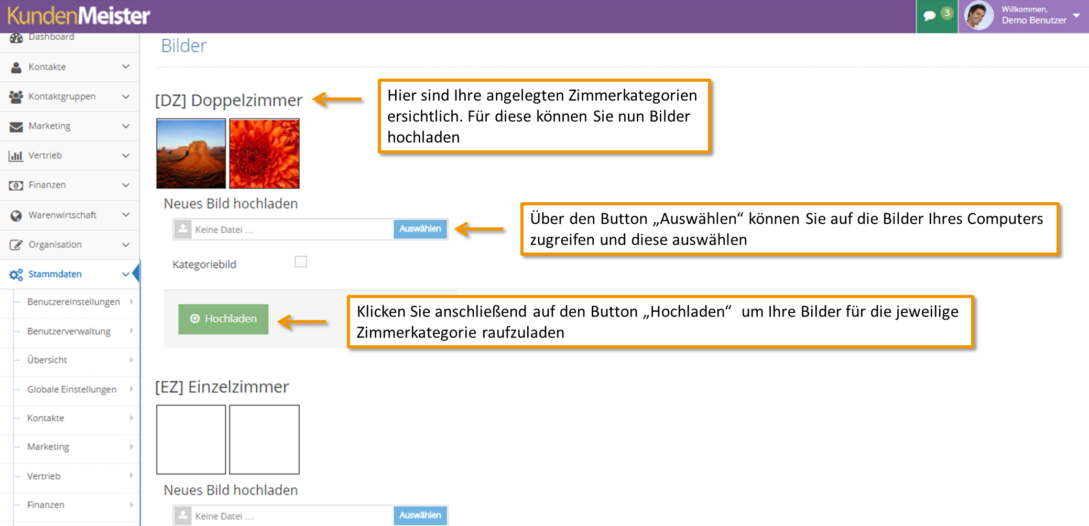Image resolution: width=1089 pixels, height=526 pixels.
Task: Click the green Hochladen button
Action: tap(223, 319)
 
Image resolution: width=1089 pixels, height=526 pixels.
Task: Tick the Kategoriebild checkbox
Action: tap(301, 261)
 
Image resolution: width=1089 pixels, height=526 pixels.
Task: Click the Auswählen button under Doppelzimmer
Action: tap(420, 229)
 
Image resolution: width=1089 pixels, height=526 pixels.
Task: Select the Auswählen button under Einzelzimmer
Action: tap(420, 516)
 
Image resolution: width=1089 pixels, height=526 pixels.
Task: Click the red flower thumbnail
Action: tap(264, 154)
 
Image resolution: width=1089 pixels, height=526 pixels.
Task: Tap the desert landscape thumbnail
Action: tap(191, 154)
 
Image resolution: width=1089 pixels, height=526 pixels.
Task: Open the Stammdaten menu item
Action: tap(55, 274)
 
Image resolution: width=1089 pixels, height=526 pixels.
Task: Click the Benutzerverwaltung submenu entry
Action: tap(69, 331)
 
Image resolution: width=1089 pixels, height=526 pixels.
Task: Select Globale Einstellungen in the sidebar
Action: tap(72, 389)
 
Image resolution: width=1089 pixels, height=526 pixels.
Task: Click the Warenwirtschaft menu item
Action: tap(62, 215)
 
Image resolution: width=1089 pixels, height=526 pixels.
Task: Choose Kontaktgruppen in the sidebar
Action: tap(62, 96)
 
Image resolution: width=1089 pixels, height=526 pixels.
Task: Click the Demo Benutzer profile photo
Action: tap(979, 16)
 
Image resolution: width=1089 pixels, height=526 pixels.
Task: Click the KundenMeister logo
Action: tap(79, 16)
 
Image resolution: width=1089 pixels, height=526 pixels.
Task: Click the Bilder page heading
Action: tap(183, 46)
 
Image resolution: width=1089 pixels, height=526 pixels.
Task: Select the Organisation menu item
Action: tap(55, 245)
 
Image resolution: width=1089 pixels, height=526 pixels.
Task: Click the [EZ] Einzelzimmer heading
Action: tap(222, 387)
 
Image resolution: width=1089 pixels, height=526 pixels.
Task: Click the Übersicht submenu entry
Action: tap(47, 360)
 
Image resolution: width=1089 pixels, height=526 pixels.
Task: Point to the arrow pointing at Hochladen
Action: tap(302, 322)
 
